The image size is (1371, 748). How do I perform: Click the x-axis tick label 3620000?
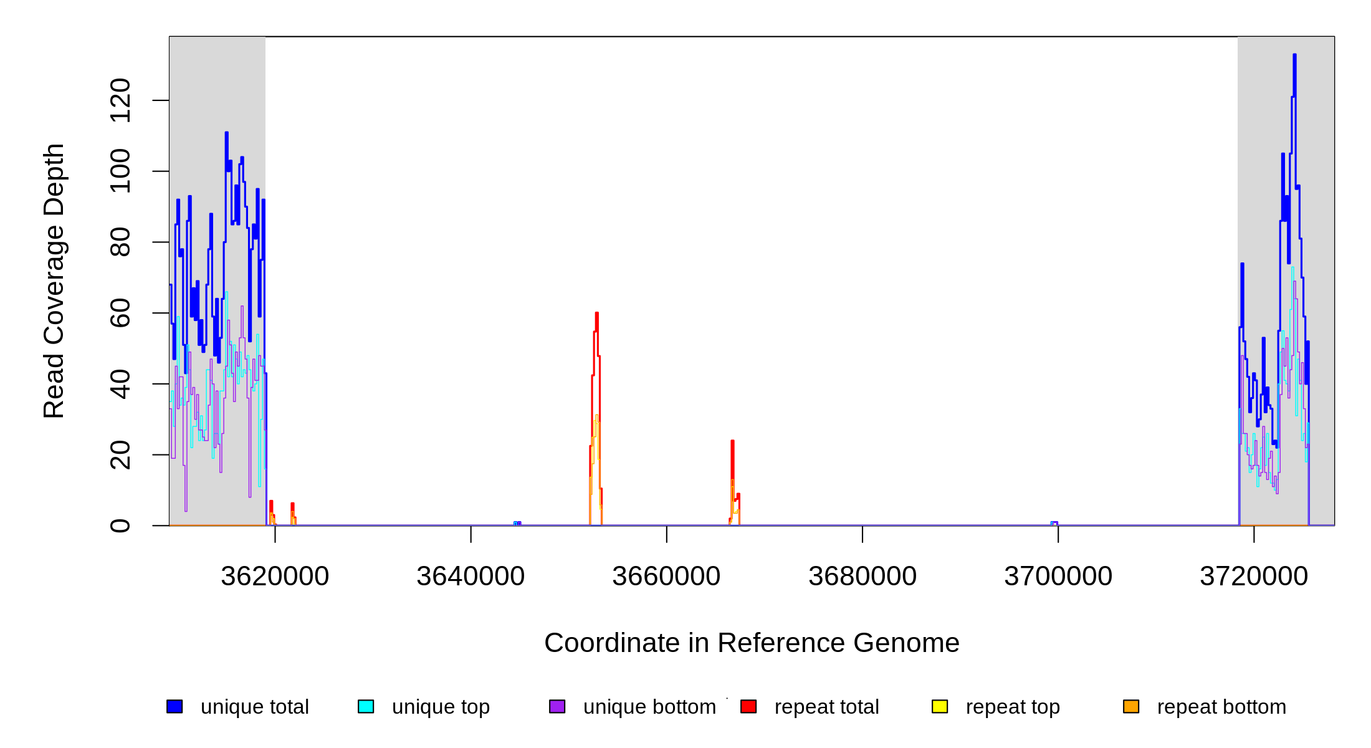(275, 577)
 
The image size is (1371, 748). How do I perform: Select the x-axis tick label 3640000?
(471, 577)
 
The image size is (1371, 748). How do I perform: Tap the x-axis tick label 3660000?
(666, 577)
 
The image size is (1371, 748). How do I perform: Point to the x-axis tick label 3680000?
(862, 577)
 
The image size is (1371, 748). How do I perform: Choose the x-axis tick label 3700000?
(1058, 577)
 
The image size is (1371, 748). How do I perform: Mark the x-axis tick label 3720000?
(1254, 577)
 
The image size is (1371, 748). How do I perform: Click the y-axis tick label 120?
(120, 100)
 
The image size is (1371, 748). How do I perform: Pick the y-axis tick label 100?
(120, 171)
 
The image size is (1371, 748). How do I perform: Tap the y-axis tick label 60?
(120, 313)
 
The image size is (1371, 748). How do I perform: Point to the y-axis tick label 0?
(120, 525)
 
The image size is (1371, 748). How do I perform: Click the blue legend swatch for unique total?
(174, 706)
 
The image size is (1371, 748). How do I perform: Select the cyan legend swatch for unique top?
(366, 706)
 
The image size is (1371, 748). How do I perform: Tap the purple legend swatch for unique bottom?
(557, 706)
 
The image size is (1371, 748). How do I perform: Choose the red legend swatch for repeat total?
(748, 706)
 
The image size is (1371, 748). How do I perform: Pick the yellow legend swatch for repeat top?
(940, 706)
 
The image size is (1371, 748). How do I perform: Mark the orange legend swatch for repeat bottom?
(1131, 706)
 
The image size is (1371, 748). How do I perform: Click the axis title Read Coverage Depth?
(54, 280)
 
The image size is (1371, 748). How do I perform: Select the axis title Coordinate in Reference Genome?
(752, 643)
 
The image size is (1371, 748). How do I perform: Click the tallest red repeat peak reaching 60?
(596, 314)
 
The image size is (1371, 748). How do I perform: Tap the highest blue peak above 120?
(1294, 56)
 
